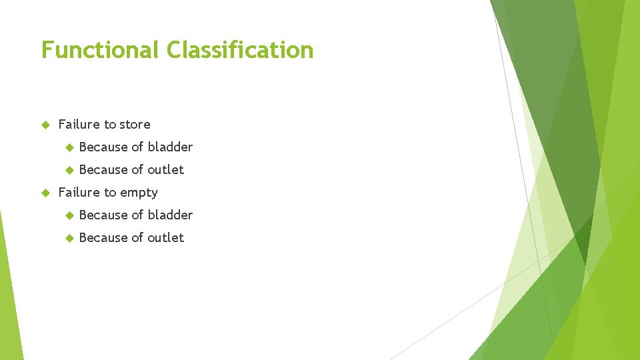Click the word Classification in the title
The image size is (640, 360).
(240, 50)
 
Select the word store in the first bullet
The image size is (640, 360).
(135, 125)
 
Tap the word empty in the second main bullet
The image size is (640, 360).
(139, 193)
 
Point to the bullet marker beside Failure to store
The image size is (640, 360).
(45, 125)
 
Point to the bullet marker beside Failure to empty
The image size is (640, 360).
(45, 193)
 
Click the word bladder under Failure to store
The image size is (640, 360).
(170, 147)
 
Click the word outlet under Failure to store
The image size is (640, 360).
(165, 169)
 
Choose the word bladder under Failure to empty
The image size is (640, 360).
(170, 215)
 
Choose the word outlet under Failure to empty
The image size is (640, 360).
(165, 237)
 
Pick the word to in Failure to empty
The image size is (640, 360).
(110, 193)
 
